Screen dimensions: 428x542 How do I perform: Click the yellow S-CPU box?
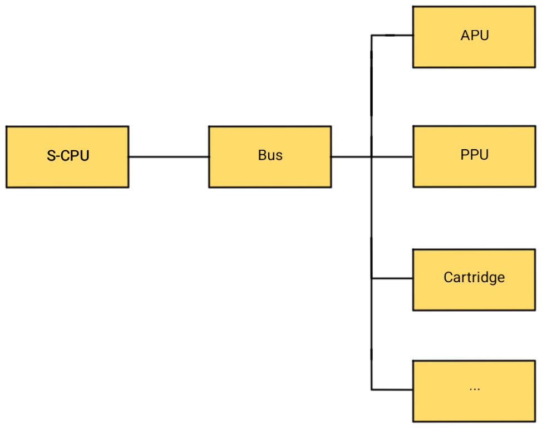click(67, 157)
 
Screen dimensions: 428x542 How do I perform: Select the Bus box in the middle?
click(270, 157)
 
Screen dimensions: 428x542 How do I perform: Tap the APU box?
click(474, 37)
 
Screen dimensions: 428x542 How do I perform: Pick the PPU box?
click(474, 156)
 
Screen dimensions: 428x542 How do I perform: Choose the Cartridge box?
click(474, 279)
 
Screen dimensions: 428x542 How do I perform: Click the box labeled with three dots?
click(474, 391)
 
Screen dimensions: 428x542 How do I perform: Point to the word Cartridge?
click(474, 277)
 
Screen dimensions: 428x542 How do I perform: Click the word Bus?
click(270, 155)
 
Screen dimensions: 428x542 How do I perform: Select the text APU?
click(475, 36)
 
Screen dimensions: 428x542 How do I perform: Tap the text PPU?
click(475, 155)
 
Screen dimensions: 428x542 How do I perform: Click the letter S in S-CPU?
click(51, 156)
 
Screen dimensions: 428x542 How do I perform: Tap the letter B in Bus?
click(262, 155)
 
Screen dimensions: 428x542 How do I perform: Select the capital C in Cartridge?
click(448, 277)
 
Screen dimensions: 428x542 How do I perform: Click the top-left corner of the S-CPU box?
click(8, 128)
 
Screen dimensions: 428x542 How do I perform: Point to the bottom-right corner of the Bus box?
click(329, 186)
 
